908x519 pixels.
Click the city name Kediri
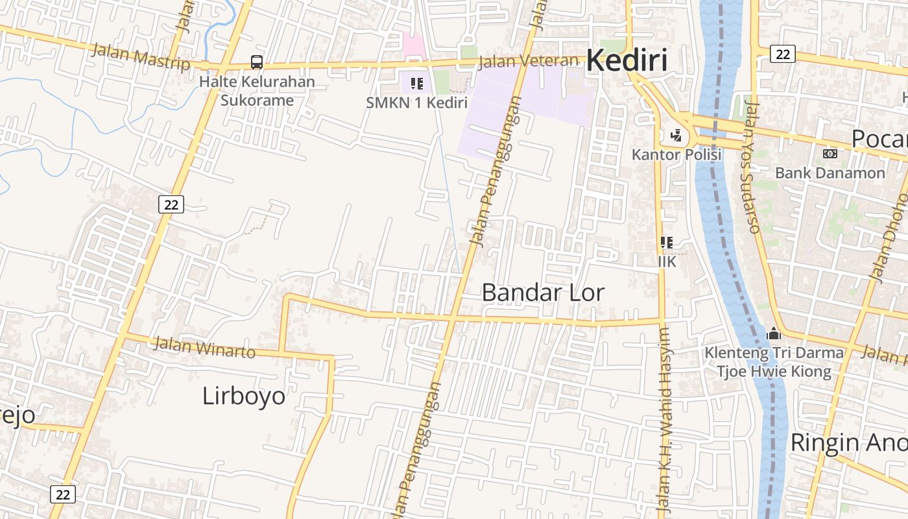click(x=627, y=61)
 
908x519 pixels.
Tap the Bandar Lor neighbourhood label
click(x=543, y=293)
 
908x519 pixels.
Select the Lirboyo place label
click(x=243, y=396)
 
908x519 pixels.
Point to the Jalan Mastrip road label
click(x=141, y=56)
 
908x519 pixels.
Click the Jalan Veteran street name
click(x=528, y=62)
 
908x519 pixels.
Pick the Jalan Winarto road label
click(x=204, y=347)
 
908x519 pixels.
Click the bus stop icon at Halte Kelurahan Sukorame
click(x=257, y=62)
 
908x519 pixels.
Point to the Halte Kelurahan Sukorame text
click(x=257, y=91)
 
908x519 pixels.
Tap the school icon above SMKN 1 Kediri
click(x=416, y=84)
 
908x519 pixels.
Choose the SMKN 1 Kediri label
click(x=416, y=103)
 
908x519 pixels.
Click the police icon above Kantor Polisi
click(x=676, y=136)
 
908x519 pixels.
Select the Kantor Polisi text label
click(x=676, y=154)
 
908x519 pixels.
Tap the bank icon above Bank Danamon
click(x=830, y=154)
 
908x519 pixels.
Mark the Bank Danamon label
click(x=830, y=173)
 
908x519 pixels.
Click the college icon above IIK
click(x=666, y=243)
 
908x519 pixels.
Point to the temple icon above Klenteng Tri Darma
click(x=773, y=334)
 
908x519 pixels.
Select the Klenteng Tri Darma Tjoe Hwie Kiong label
click(x=774, y=362)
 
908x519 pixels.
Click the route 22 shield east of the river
click(x=783, y=54)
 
